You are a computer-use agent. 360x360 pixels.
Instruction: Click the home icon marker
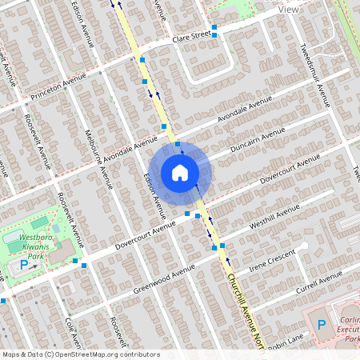[x=180, y=173]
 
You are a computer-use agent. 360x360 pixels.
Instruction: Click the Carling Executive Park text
[x=346, y=328]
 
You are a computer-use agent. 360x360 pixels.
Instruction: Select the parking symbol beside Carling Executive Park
[x=322, y=325]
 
